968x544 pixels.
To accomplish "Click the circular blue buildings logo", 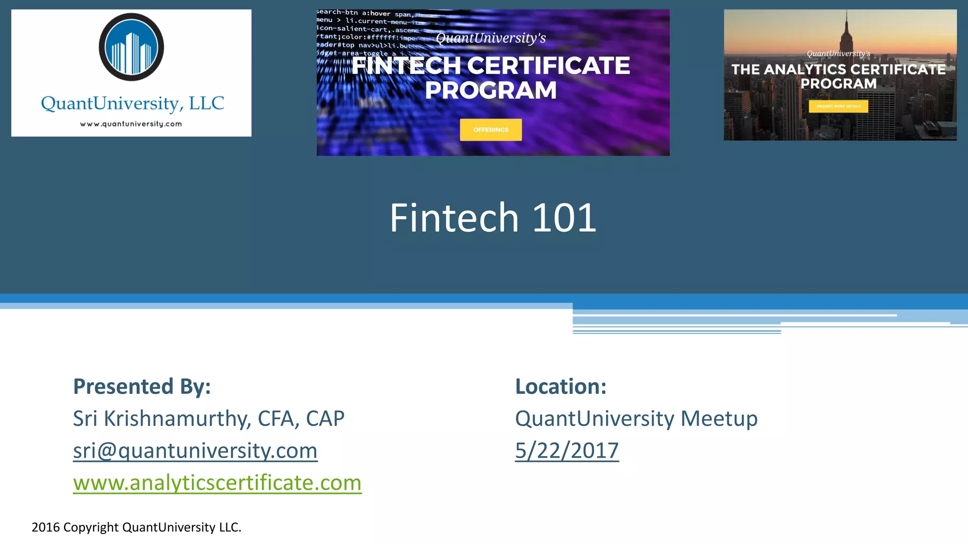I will pos(131,47).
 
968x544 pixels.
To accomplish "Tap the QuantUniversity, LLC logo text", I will pos(132,103).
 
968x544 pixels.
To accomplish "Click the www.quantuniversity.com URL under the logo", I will pos(131,124).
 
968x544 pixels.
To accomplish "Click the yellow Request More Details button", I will pos(838,106).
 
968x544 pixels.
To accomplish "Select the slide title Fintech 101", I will pos(493,218).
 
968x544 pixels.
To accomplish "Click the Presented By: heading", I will pos(142,386).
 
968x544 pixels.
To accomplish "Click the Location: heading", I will pos(561,386).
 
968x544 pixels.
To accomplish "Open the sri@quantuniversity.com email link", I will pos(195,450).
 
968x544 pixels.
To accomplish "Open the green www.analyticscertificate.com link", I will pos(217,483).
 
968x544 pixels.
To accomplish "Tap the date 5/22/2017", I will pos(567,450).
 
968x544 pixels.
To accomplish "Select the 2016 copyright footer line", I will pos(136,527).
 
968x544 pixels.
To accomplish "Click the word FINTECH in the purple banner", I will pos(406,66).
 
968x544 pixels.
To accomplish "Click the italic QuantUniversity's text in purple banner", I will pos(491,38).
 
